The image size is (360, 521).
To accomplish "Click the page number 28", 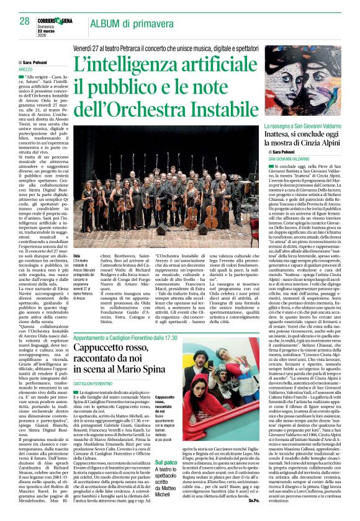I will [25, 21].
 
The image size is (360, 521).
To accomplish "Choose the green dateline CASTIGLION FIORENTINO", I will [101, 385].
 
